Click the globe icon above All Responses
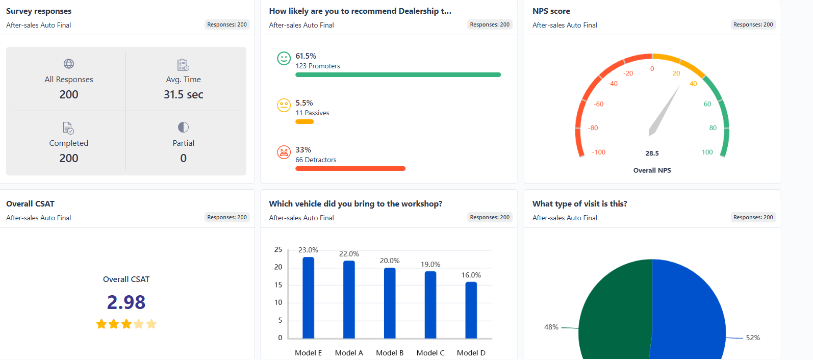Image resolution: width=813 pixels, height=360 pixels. pos(69,64)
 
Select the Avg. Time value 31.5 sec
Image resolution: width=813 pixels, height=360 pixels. pos(183,94)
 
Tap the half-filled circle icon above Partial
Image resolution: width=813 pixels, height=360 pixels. pos(183,127)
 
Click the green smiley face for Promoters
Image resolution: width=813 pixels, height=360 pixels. pos(284,58)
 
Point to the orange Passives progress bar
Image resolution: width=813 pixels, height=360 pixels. pos(304,122)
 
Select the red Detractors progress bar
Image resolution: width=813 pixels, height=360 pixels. pos(350,169)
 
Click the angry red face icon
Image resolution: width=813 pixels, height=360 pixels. pos(284,152)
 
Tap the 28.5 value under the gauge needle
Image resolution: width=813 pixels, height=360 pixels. pos(652,153)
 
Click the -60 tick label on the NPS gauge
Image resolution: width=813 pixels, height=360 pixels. pos(598,104)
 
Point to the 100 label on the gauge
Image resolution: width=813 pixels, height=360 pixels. pos(707,152)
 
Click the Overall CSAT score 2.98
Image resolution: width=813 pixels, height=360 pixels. pos(126,302)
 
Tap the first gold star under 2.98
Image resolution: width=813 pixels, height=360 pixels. pos(101,324)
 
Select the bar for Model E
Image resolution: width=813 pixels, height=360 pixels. pos(308,298)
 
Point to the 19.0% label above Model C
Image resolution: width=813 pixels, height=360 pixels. pos(430,264)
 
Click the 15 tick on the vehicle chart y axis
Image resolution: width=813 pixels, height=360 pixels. pos(278,285)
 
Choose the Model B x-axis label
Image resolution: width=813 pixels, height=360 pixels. pos(389,353)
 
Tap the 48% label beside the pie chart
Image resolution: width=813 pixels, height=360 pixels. pos(551,327)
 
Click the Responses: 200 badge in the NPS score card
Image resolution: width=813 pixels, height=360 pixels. pos(753,24)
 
